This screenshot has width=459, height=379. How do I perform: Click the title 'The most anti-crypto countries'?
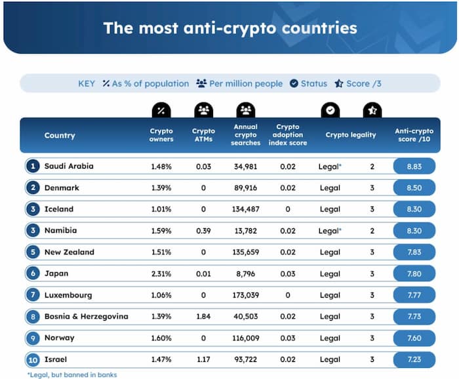coord(229,28)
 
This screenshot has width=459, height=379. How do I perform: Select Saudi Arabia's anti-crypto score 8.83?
coord(414,167)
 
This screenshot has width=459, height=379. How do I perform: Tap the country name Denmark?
coord(62,188)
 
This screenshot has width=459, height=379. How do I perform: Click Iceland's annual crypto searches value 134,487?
coord(246,210)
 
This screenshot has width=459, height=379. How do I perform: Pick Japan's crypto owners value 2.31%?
coord(161,274)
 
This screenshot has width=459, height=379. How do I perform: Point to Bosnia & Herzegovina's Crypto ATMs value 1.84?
coord(203,317)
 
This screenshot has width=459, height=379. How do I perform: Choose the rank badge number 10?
coord(32,360)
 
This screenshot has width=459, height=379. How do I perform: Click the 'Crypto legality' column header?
coord(351,136)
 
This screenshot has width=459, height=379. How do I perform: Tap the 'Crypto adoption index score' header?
coord(288,136)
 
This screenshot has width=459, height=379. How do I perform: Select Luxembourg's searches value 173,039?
coord(246,296)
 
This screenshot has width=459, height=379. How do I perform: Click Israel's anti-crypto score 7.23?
coord(414,360)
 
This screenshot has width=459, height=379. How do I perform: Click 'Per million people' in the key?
coord(239,84)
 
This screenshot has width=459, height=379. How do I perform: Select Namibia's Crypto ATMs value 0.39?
coord(203,231)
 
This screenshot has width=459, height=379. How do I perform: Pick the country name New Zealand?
coord(70,252)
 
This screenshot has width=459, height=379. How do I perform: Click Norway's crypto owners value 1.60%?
coord(161,338)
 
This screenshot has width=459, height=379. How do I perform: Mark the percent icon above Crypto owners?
coord(161,110)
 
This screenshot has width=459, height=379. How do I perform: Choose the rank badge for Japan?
coord(32,274)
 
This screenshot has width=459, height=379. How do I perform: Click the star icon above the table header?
coord(372,110)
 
